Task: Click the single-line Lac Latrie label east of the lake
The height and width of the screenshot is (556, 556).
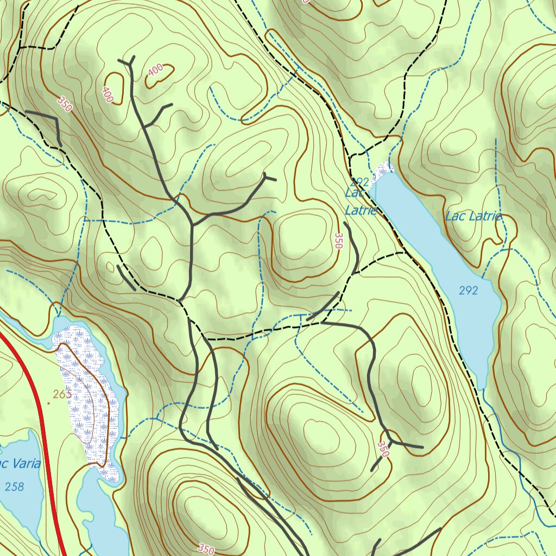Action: (x=473, y=216)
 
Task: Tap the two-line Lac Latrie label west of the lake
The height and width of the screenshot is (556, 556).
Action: (x=361, y=201)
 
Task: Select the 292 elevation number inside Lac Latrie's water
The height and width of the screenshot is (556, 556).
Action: (x=468, y=290)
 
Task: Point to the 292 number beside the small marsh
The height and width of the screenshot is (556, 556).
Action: (x=360, y=181)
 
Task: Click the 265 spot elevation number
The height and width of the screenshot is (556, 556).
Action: (x=62, y=395)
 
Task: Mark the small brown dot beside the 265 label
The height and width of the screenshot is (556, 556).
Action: (x=48, y=403)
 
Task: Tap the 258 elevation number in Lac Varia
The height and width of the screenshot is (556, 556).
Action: (x=14, y=486)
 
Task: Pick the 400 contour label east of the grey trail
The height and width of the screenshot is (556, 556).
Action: (x=155, y=70)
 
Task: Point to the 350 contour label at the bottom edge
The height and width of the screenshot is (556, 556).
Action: (x=206, y=549)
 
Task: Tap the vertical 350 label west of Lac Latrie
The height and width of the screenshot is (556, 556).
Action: (x=339, y=241)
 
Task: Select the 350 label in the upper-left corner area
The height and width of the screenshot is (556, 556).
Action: (x=64, y=104)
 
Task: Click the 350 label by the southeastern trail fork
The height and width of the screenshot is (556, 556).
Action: (x=383, y=449)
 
